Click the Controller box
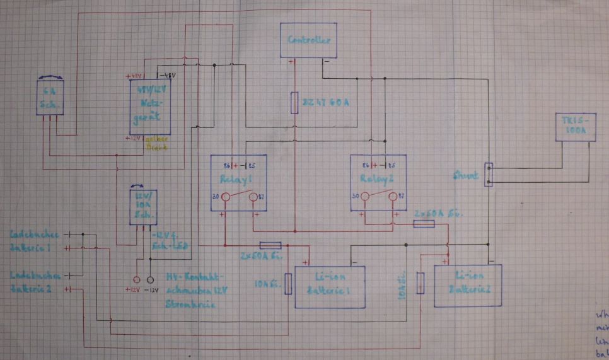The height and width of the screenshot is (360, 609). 308,40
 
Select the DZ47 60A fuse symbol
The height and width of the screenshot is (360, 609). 294,102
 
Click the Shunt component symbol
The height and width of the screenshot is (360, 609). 488,175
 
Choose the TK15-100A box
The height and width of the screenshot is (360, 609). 574,127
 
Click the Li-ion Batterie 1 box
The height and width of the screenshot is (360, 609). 330,287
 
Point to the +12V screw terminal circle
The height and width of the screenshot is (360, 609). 136,279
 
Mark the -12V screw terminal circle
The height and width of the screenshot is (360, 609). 151,279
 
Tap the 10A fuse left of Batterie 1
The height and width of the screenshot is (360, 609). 288,284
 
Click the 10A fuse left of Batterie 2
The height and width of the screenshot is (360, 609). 420,283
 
